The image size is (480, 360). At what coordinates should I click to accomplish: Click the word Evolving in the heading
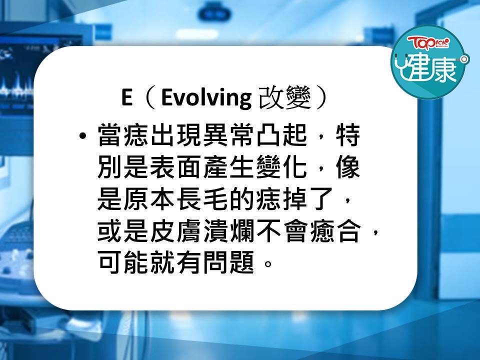[x=206, y=98]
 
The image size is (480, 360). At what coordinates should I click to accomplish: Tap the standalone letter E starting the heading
[x=126, y=97]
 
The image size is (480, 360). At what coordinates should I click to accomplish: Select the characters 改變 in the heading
[x=285, y=97]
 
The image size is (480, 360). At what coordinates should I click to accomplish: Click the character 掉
[x=295, y=199]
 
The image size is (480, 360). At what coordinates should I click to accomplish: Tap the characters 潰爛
[x=229, y=231]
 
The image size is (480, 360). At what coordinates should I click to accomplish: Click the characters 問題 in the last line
[x=229, y=262]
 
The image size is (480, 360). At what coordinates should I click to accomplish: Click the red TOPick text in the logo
[x=428, y=42]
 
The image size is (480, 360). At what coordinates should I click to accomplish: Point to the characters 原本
[x=149, y=199]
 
